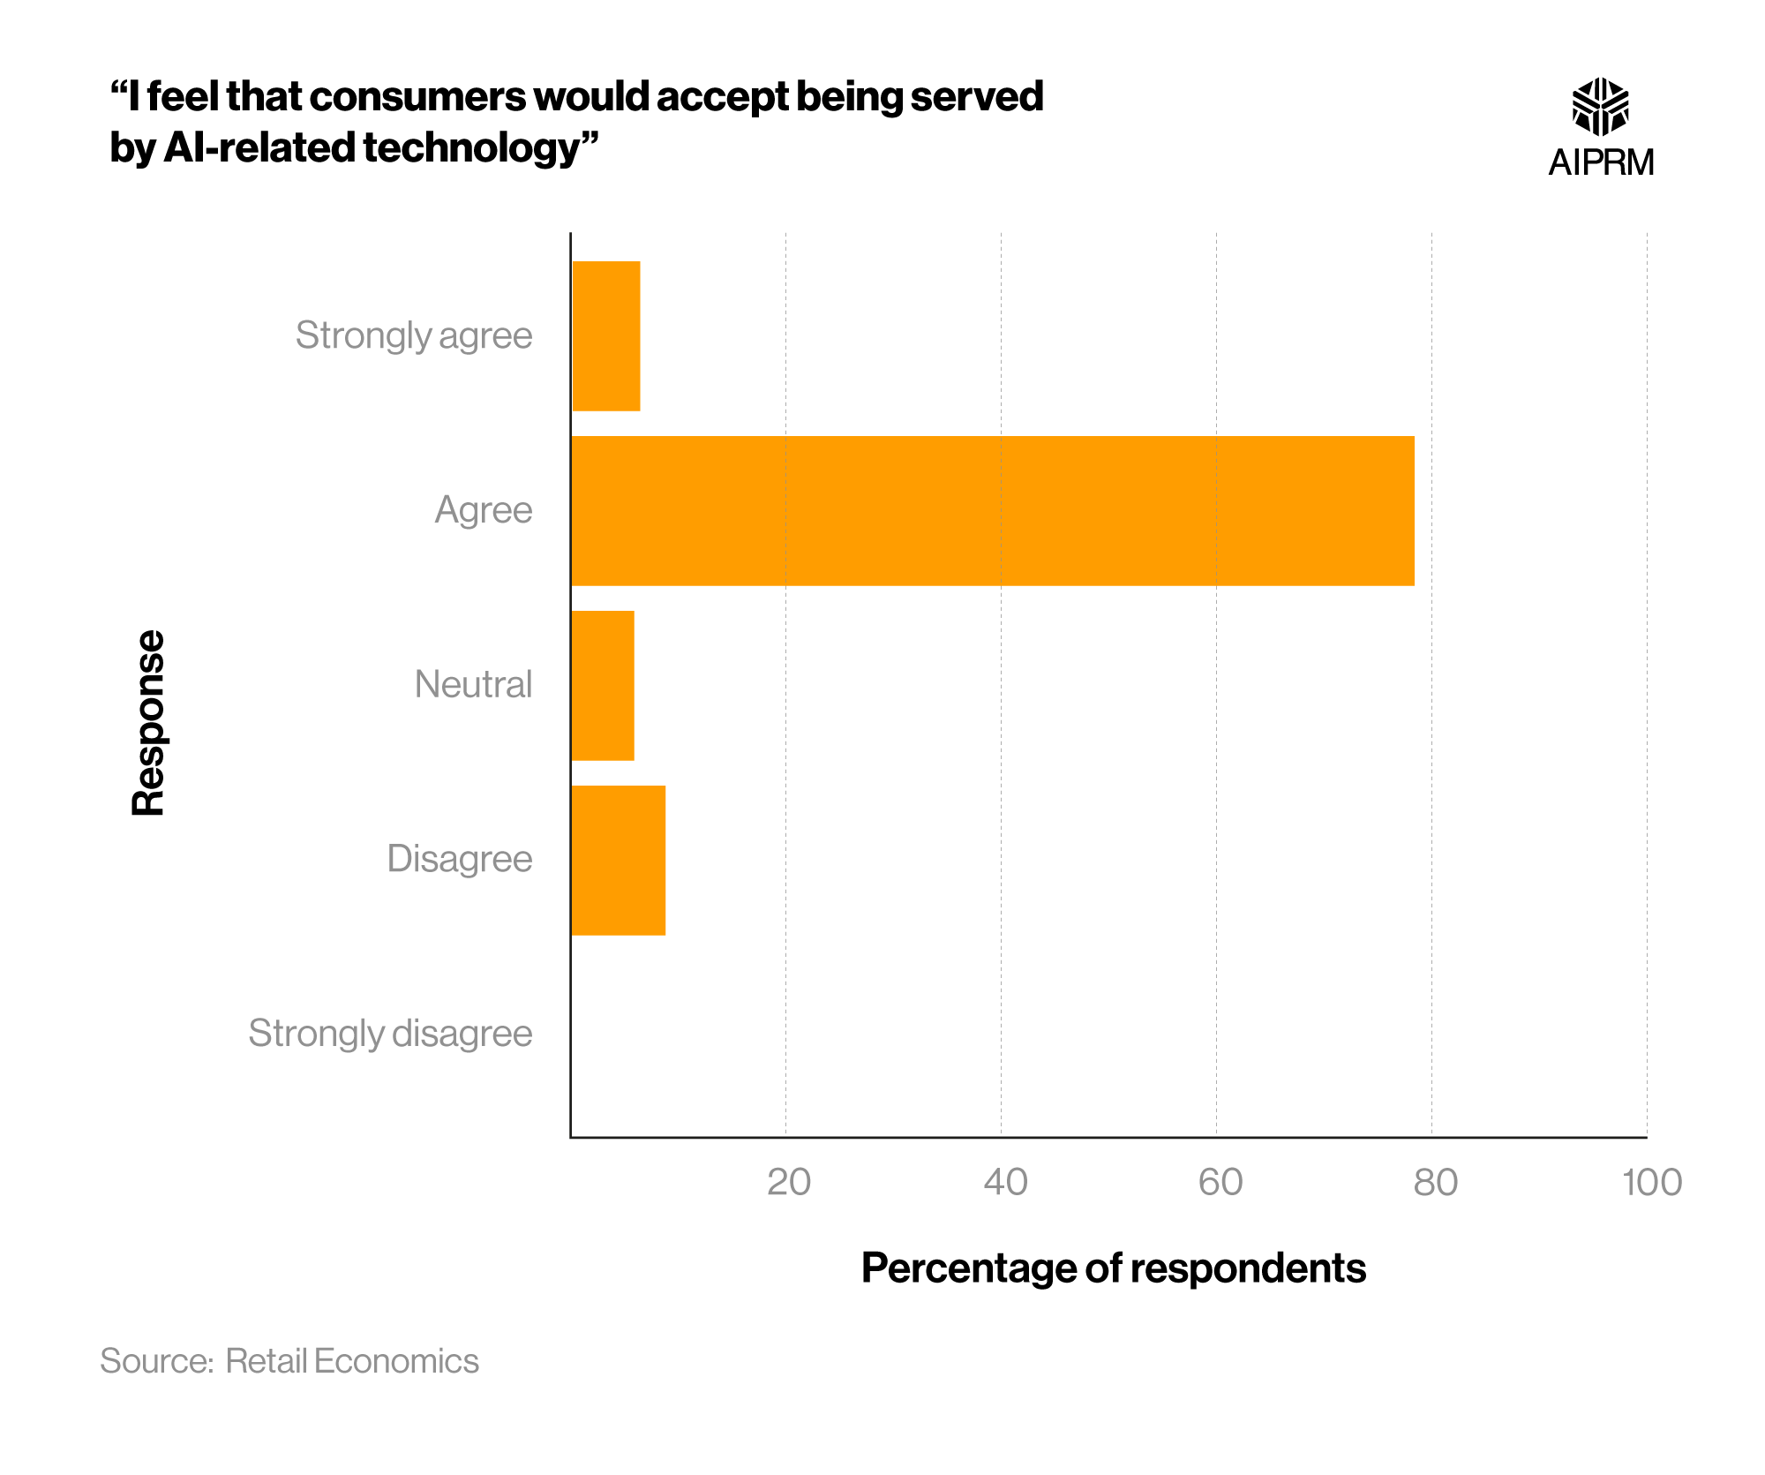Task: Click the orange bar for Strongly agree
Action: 606,335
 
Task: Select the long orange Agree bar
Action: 992,510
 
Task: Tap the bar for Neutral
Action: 603,685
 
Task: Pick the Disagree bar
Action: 618,860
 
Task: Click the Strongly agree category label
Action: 413,335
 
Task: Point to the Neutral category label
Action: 473,685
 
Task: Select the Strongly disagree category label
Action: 390,1033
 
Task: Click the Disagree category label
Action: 459,859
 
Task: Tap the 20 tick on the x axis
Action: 788,1182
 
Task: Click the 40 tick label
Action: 1005,1182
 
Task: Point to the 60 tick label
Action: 1220,1182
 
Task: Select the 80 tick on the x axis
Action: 1435,1182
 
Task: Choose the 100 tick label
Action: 1651,1182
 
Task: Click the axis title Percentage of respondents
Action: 1113,1268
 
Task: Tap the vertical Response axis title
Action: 148,722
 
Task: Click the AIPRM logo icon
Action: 1600,107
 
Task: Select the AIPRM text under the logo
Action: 1601,162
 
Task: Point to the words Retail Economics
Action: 351,1361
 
